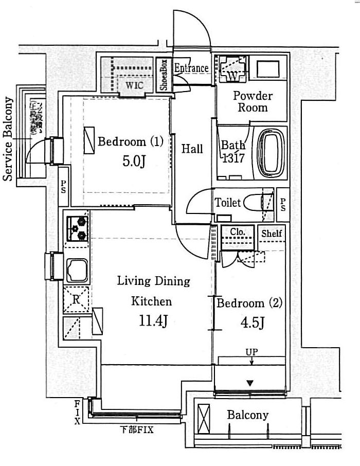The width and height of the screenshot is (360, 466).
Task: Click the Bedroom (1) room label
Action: point(131,141)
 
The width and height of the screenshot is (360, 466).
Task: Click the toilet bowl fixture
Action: point(254,202)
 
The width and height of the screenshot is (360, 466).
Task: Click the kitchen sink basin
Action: point(77,268)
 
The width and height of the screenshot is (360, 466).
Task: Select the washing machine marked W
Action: point(232,73)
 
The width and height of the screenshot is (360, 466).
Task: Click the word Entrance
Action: point(191,68)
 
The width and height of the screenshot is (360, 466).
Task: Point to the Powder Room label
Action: point(253,101)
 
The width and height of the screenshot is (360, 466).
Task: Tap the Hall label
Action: point(192,149)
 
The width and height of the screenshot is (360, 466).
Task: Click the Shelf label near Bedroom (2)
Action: point(272,234)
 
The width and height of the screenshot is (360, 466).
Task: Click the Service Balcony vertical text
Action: point(9,139)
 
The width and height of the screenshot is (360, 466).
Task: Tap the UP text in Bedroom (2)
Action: point(252,352)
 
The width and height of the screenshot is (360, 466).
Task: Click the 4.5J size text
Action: point(252,322)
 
